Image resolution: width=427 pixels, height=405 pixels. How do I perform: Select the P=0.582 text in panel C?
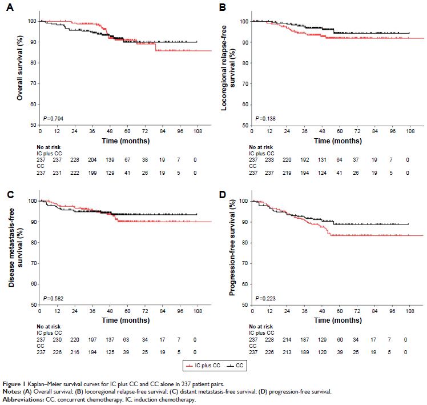point(54,298)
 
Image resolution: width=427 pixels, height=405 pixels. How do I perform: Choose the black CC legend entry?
point(229,364)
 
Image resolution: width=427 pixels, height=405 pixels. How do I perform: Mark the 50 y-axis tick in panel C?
point(33,304)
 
